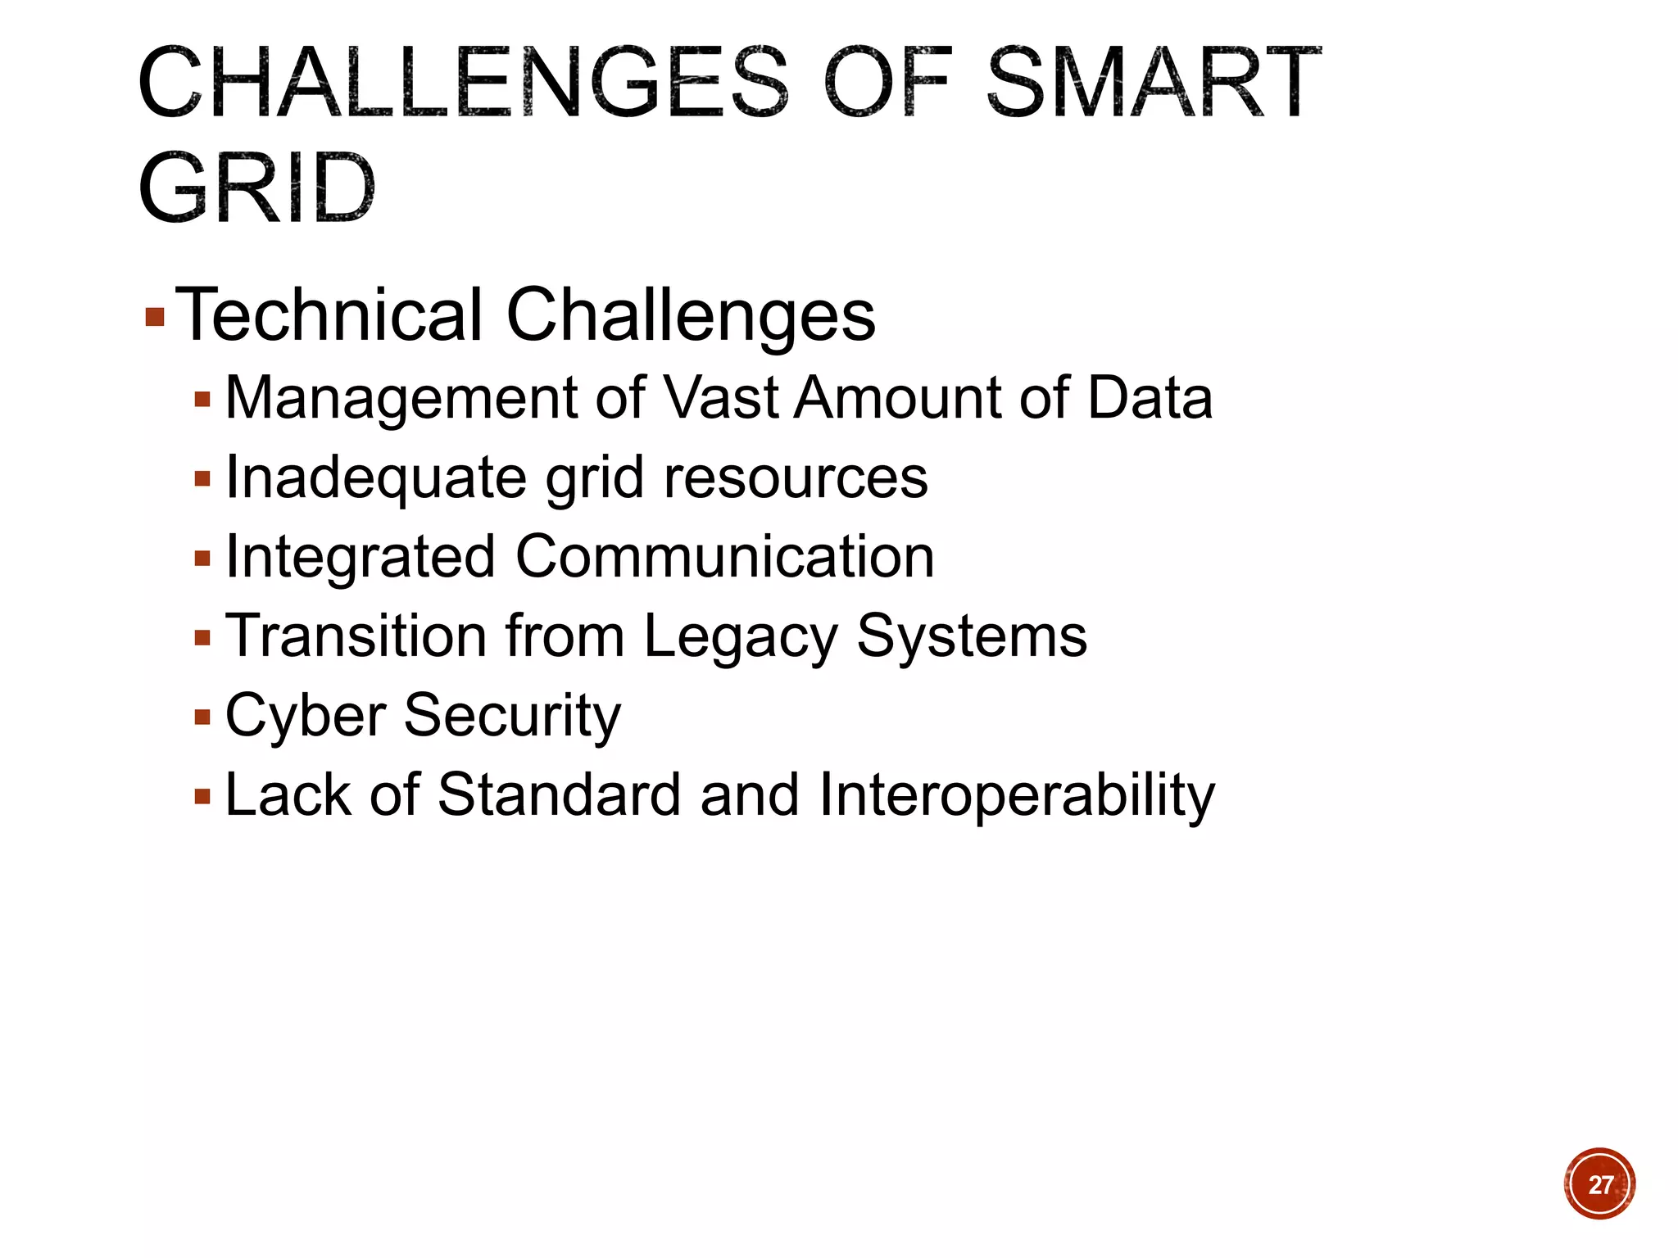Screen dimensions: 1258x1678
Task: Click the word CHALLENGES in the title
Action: pyautogui.click(x=463, y=82)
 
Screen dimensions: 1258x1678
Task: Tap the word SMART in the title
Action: pyautogui.click(x=1153, y=82)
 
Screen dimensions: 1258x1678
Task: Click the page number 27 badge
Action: pyautogui.click(x=1599, y=1184)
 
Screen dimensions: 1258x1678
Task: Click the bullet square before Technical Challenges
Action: pyautogui.click(x=155, y=317)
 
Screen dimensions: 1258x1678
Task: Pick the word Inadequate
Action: pyautogui.click(x=375, y=477)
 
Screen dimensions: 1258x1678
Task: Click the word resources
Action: pyautogui.click(x=796, y=477)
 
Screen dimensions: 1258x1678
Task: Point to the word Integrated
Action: pyautogui.click(x=360, y=557)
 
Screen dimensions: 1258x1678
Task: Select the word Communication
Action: pyautogui.click(x=724, y=557)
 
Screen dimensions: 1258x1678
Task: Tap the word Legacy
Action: pyautogui.click(x=740, y=636)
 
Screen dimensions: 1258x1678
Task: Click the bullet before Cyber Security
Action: pyautogui.click(x=202, y=718)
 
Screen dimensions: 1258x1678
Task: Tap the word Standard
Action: pyautogui.click(x=559, y=795)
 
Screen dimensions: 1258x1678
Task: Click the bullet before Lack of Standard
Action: pyautogui.click(x=202, y=797)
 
